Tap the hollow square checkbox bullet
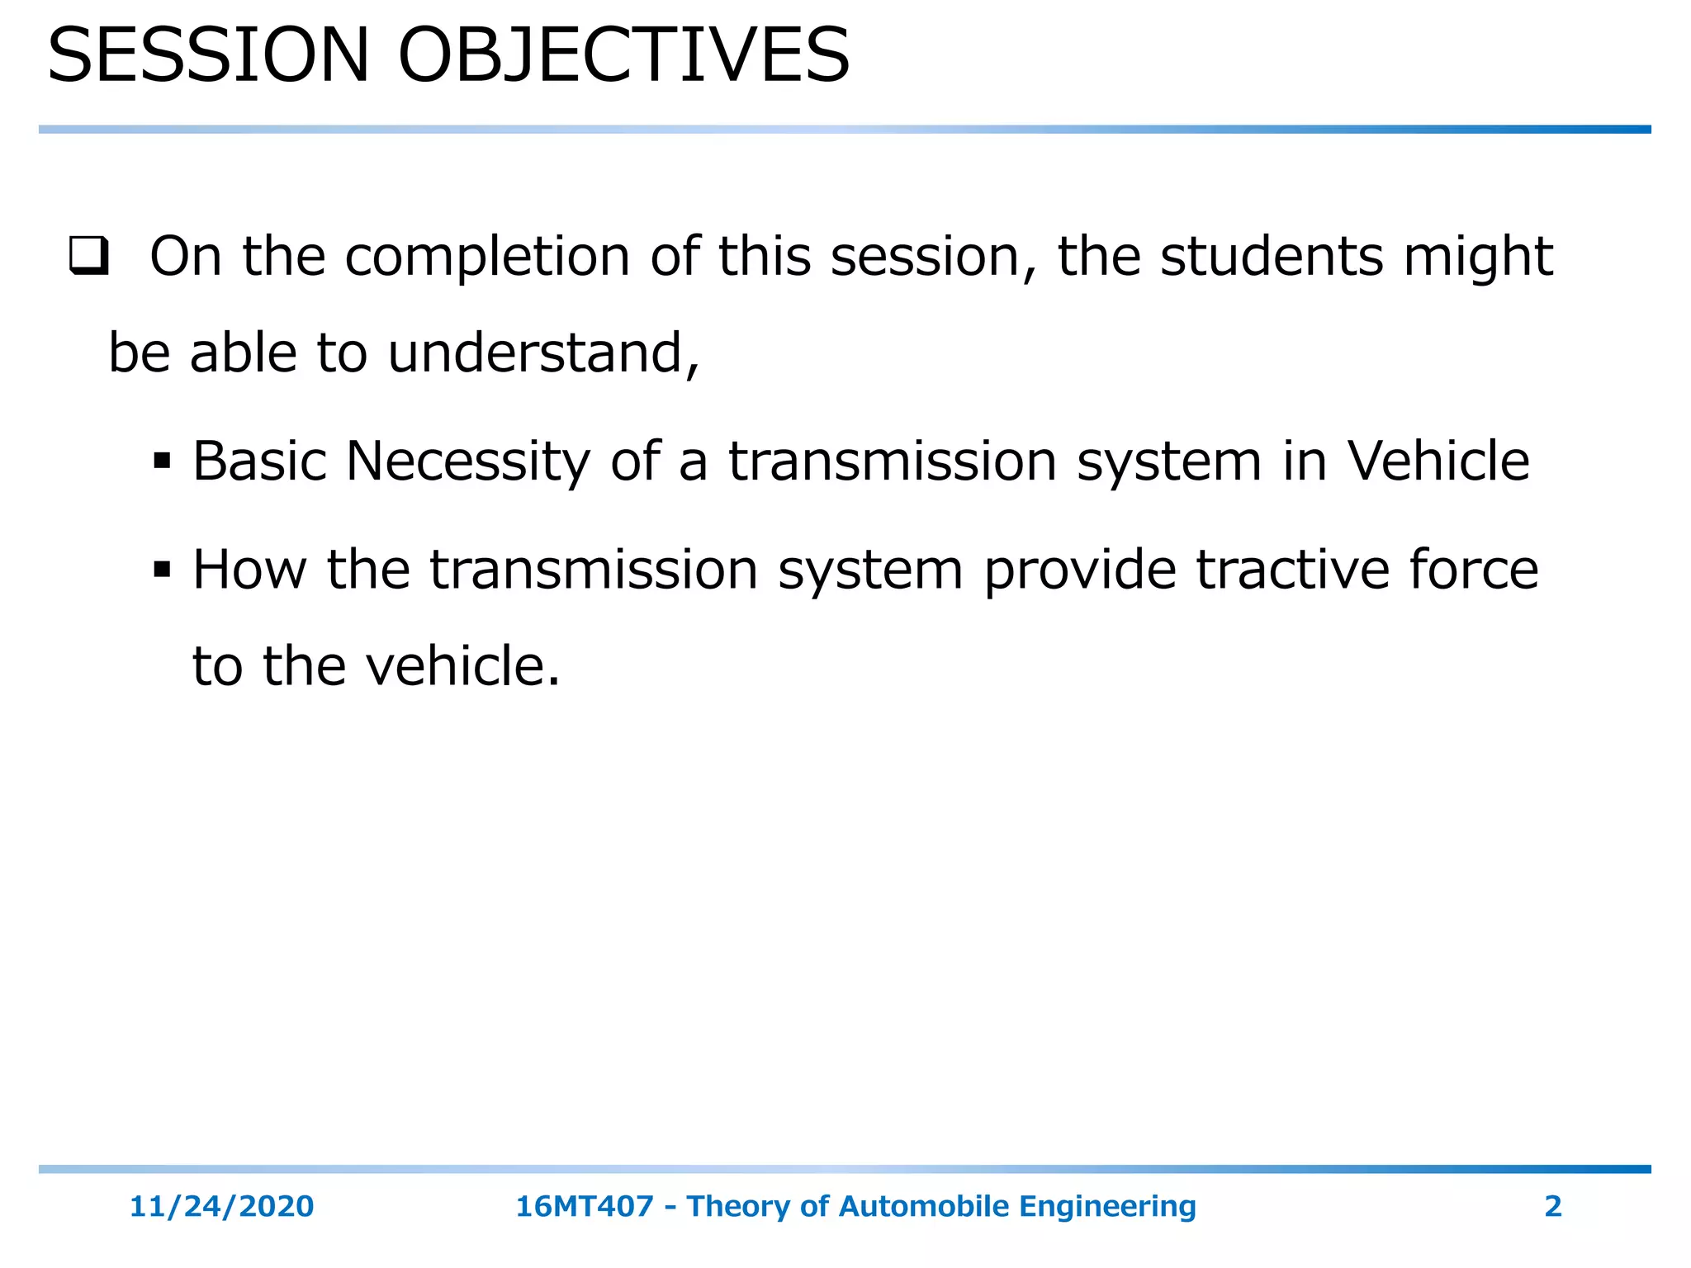tap(88, 257)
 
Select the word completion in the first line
tap(487, 258)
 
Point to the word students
tap(1271, 256)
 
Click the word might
tap(1478, 258)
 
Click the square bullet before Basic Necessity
tap(162, 461)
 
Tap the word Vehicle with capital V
tap(1438, 461)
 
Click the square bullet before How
tap(162, 570)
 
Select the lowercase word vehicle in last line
tap(462, 666)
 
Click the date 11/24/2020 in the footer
tap(221, 1206)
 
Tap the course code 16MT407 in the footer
tap(584, 1206)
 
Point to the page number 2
tap(1552, 1206)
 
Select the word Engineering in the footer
tap(1107, 1207)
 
